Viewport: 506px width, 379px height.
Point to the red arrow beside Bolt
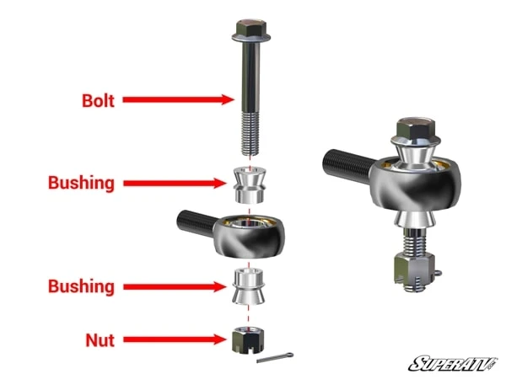tap(178, 99)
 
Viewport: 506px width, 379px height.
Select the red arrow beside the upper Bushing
tap(176, 183)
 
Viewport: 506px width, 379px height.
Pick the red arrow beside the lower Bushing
tap(176, 286)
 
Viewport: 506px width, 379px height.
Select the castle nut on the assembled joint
tap(412, 270)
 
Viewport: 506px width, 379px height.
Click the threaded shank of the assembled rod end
tap(346, 161)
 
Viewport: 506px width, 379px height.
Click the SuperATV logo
tap(452, 363)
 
